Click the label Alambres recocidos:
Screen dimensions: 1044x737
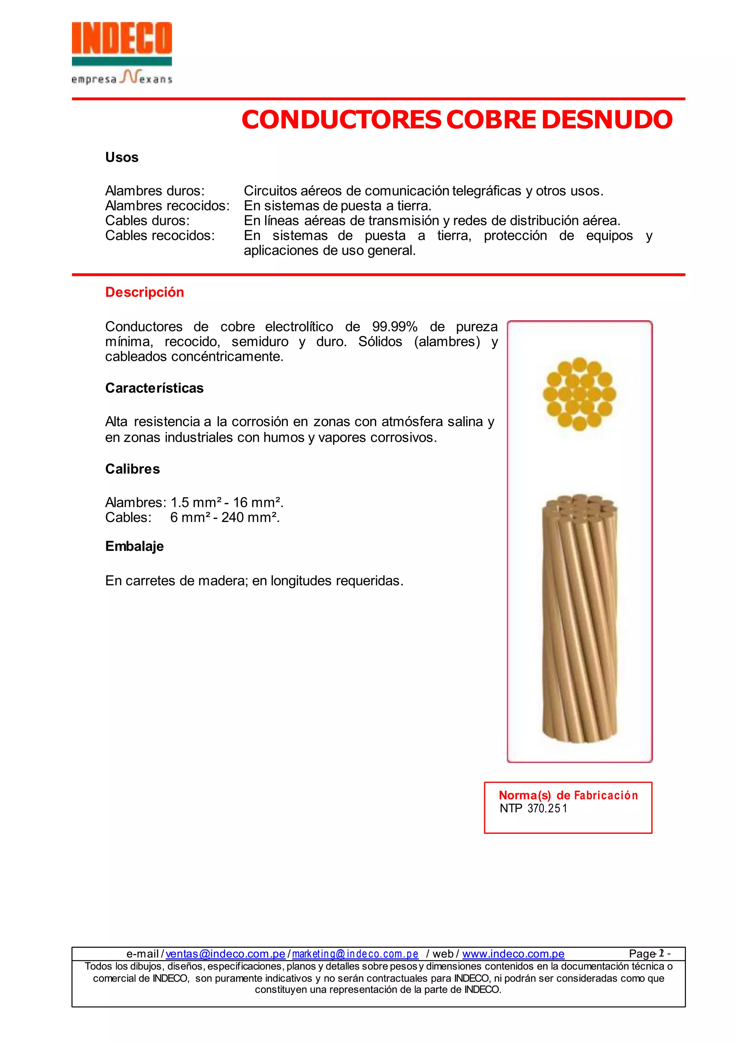coord(167,206)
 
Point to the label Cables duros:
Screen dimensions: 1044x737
coord(147,221)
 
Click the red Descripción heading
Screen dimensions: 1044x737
coord(144,292)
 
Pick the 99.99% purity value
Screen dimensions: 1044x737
coord(394,327)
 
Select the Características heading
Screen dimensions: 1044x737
coord(154,388)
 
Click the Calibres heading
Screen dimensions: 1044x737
coord(132,469)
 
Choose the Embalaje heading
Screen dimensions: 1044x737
coord(134,546)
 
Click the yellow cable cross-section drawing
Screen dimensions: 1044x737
coord(579,394)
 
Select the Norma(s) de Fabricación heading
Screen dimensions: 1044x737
coord(568,795)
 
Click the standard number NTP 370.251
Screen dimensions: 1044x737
coord(533,809)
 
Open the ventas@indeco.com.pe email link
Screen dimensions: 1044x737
coord(225,954)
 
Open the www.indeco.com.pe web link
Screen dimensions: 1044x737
coord(513,954)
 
